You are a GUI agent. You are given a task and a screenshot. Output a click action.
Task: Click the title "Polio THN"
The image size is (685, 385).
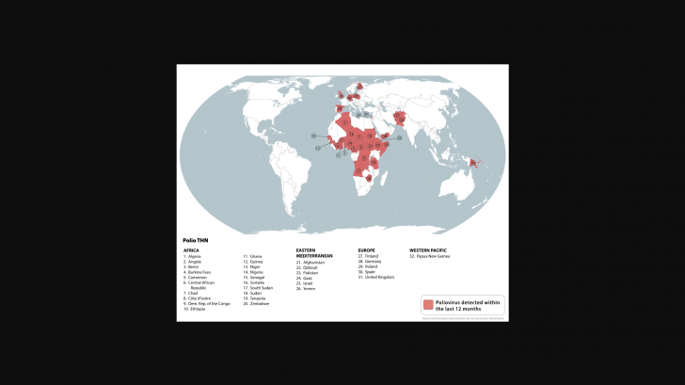(197, 240)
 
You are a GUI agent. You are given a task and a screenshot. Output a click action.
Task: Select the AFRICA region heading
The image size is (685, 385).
(191, 250)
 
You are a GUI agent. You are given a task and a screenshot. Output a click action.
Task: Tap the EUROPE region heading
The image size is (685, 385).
(367, 250)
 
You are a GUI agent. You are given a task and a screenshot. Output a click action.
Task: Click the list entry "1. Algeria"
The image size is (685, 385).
(193, 256)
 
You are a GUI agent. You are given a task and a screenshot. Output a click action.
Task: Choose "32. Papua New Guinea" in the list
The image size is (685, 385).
(429, 256)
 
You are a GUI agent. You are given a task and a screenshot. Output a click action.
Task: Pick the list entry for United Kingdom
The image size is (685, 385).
(376, 278)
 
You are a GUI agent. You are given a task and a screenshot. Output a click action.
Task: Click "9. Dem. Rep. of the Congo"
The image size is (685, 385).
(207, 304)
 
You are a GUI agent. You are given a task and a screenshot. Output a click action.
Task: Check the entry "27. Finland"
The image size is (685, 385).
(368, 256)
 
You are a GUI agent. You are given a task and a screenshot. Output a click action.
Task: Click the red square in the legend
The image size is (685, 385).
(428, 305)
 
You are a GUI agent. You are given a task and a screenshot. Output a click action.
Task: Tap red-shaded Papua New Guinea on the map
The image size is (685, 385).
(475, 164)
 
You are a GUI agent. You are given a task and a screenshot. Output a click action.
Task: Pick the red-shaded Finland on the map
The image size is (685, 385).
(360, 88)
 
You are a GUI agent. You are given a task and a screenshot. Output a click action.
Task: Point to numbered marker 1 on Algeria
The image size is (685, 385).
(345, 122)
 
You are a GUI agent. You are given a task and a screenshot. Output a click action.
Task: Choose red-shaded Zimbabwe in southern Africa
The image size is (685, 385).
(368, 175)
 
